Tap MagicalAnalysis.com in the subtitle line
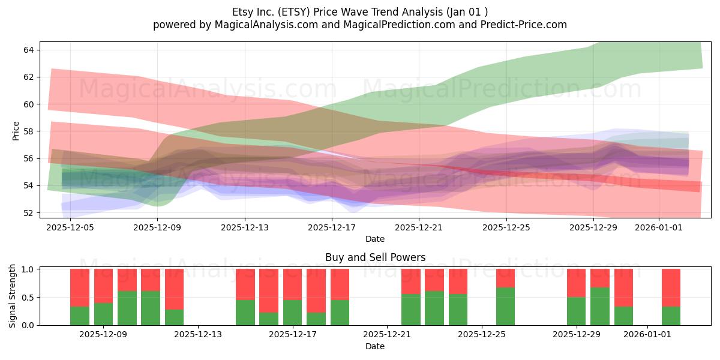pyautogui.click(x=266, y=25)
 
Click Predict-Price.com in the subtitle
pyautogui.click(x=524, y=25)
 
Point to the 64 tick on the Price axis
pyautogui.click(x=28, y=50)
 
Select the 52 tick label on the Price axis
pyautogui.click(x=28, y=213)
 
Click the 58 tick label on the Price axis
pyautogui.click(x=28, y=131)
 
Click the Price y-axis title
pyautogui.click(x=16, y=131)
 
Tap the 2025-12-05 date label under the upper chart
pyautogui.click(x=70, y=227)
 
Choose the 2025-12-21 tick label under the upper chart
pyautogui.click(x=419, y=227)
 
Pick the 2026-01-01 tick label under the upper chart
pyautogui.click(x=659, y=227)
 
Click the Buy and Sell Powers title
pyautogui.click(x=375, y=257)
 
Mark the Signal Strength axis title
pyautogui.click(x=12, y=296)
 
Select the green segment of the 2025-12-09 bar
pyautogui.click(x=103, y=314)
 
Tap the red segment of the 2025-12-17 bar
pyautogui.click(x=293, y=284)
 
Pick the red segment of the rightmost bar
pyautogui.click(x=671, y=287)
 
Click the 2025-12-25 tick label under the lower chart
pyautogui.click(x=482, y=335)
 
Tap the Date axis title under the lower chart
pyautogui.click(x=375, y=346)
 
